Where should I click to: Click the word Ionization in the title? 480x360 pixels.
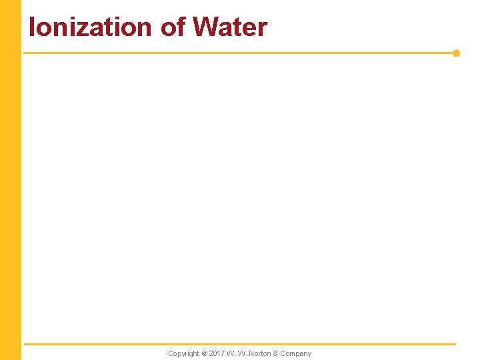click(90, 27)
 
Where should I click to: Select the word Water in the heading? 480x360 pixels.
click(230, 27)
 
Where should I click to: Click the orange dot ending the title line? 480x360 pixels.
click(456, 53)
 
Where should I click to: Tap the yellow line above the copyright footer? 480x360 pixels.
click(240, 344)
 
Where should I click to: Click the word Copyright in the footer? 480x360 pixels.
click(183, 353)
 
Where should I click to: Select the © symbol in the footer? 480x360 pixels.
click(205, 353)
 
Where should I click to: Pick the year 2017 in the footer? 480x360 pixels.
click(217, 353)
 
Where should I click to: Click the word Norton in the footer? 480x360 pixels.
click(259, 353)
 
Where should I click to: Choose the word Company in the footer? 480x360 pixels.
click(296, 353)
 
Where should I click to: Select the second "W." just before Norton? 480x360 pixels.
click(243, 353)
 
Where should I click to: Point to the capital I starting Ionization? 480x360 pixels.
click(32, 27)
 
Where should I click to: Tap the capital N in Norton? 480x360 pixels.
click(251, 353)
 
